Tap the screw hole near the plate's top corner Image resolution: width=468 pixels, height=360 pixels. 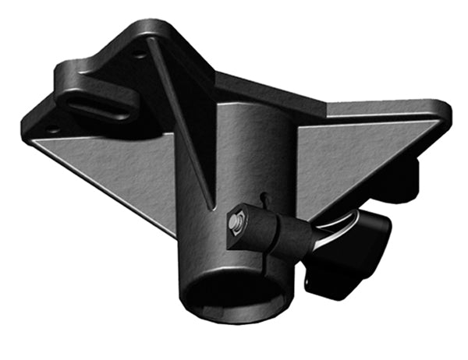[138, 54]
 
